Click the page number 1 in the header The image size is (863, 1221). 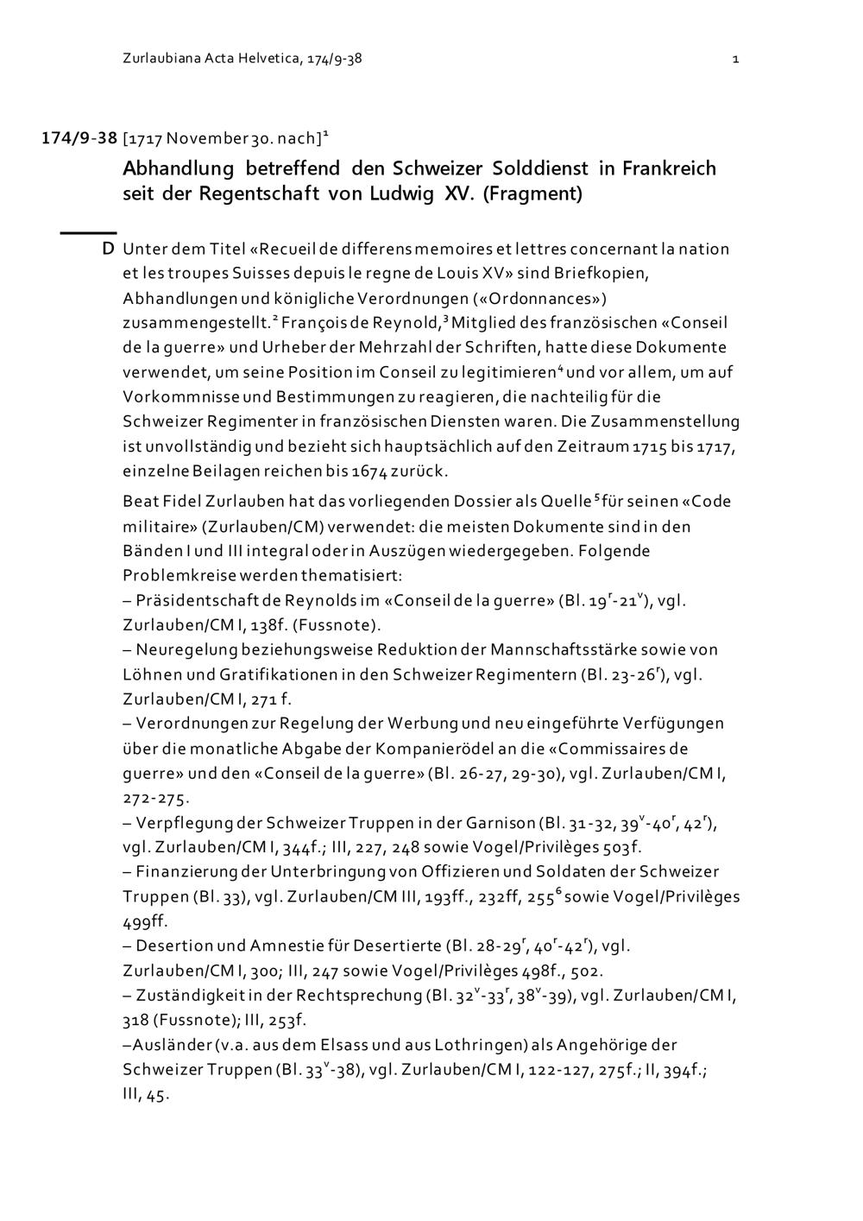[x=734, y=60]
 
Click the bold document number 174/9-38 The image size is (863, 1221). [x=79, y=138]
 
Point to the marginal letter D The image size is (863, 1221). [x=108, y=250]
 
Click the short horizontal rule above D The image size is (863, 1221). [x=87, y=232]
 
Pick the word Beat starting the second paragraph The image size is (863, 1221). [x=141, y=502]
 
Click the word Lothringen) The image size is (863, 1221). [x=550, y=1045]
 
